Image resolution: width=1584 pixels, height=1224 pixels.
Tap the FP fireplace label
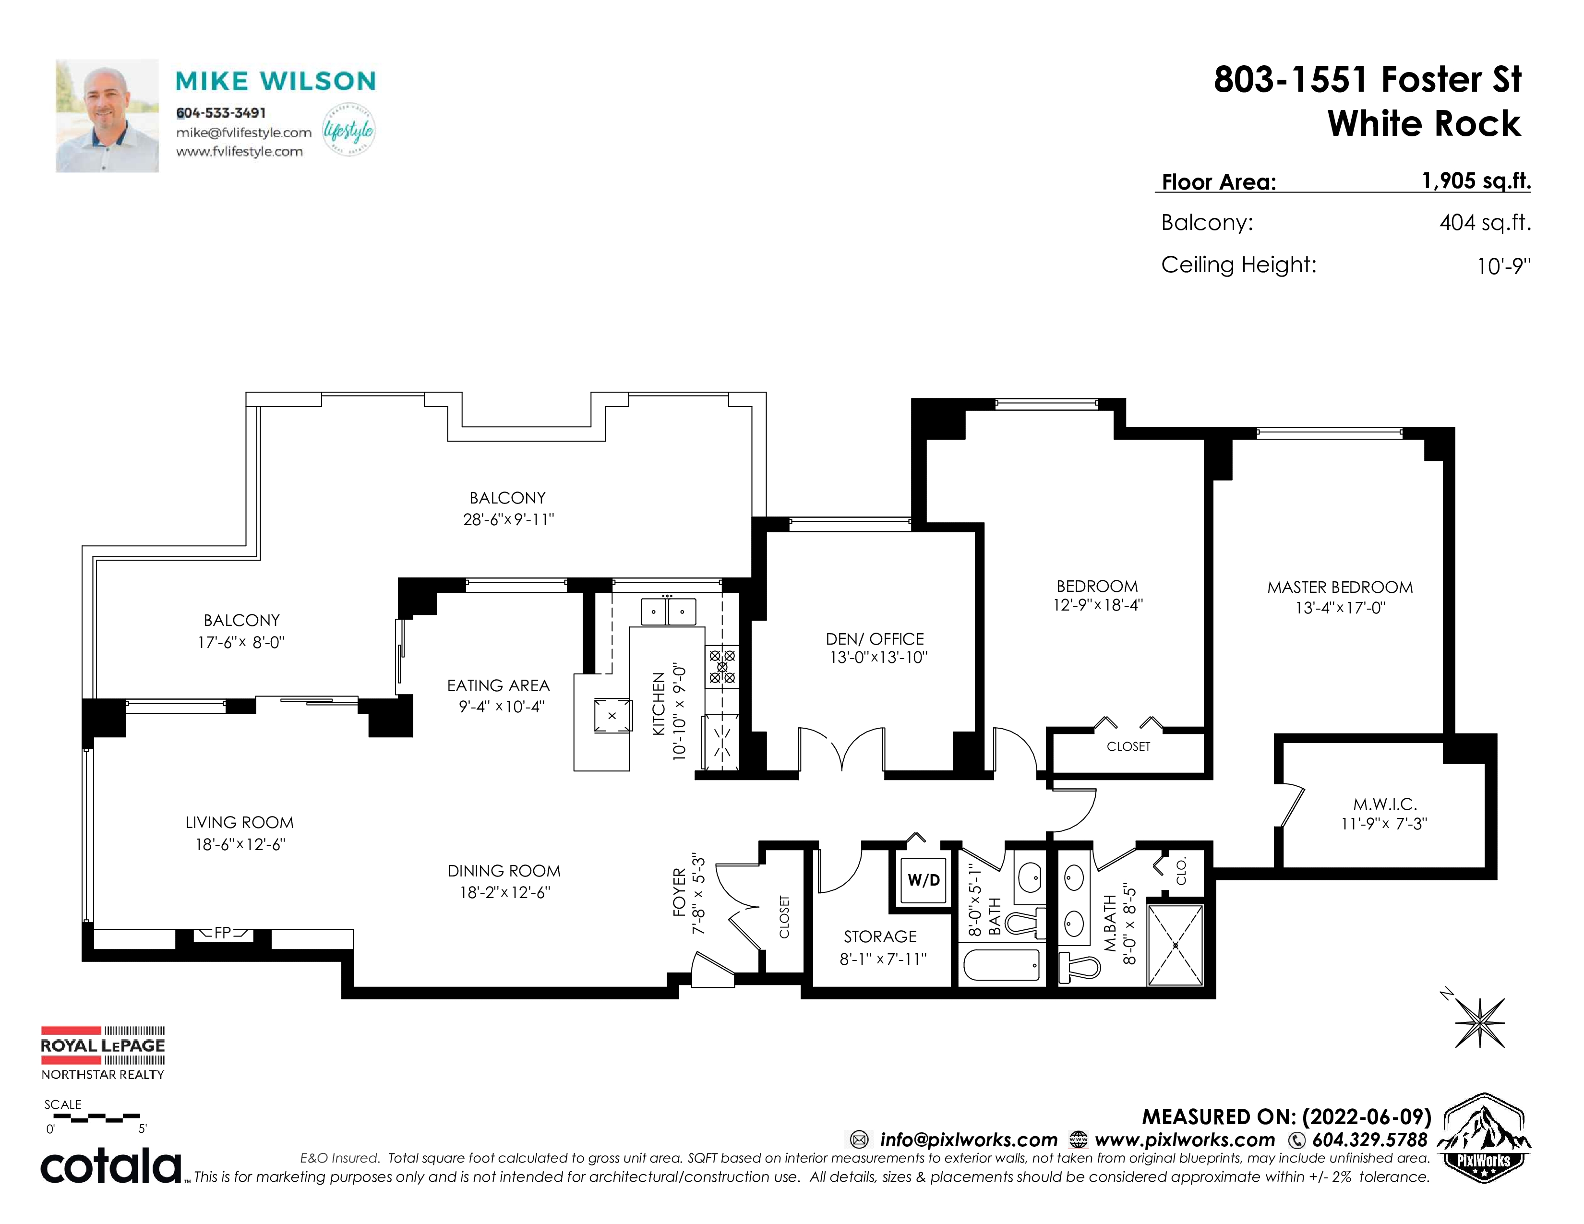coord(223,933)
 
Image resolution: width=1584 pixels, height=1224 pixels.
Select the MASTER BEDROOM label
coord(1340,588)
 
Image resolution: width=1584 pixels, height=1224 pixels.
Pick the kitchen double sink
coord(668,611)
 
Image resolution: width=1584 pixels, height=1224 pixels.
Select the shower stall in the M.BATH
coord(1175,945)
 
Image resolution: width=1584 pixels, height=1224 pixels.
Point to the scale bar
coord(93,1117)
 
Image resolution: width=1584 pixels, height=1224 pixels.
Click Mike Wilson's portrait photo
coord(108,116)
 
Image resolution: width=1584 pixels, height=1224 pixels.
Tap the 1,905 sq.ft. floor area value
coord(1476,180)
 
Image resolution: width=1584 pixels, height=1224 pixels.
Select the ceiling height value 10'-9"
coord(1503,266)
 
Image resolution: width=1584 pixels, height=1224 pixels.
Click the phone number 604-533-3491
coord(221,113)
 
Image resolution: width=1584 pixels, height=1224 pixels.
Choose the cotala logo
coord(110,1166)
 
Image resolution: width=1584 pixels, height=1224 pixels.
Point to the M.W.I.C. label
coord(1384,804)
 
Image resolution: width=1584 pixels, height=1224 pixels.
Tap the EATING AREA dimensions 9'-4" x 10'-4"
coord(501,706)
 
